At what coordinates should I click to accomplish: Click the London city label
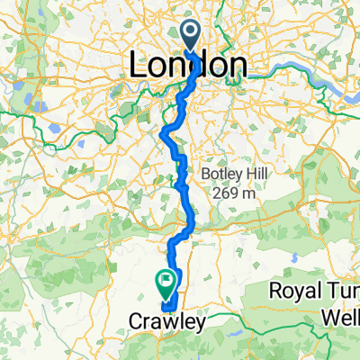point(189,65)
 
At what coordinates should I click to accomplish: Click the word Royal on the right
point(296,291)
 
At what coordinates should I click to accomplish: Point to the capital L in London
point(139,65)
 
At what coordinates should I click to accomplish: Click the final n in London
point(237,65)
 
